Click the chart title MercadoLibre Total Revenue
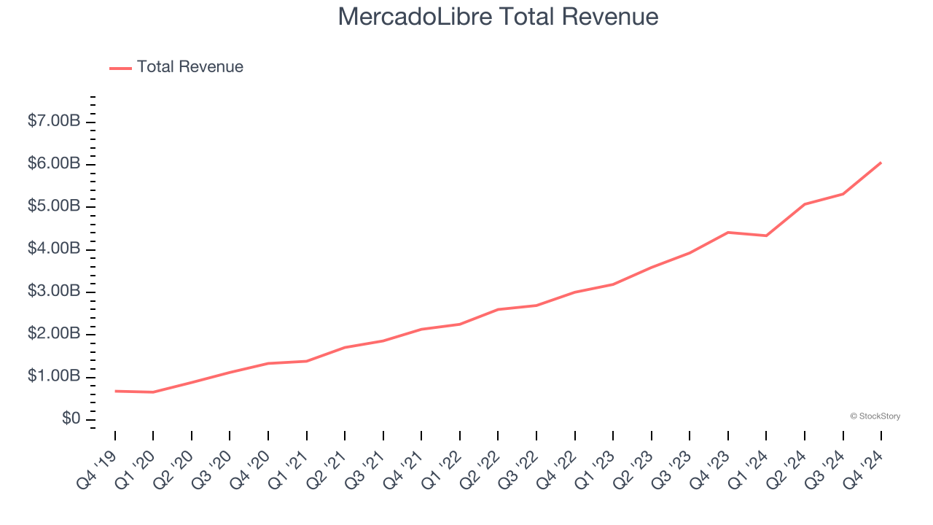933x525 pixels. click(x=498, y=17)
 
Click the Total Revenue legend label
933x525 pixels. click(x=190, y=67)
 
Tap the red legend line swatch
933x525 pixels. click(x=120, y=68)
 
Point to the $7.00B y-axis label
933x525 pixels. click(x=54, y=121)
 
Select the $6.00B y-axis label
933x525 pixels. click(x=54, y=163)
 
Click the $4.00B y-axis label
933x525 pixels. click(x=54, y=249)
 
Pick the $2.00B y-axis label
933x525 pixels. click(x=54, y=334)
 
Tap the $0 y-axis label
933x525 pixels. click(x=71, y=419)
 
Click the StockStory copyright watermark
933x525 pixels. click(x=875, y=416)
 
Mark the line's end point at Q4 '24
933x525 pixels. click(x=881, y=163)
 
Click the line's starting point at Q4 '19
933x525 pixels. click(x=115, y=391)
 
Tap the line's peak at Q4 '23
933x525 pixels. click(x=728, y=232)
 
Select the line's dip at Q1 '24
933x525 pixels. click(x=766, y=236)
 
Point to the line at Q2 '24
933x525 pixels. click(x=805, y=204)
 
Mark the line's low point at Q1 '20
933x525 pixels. click(x=153, y=392)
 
